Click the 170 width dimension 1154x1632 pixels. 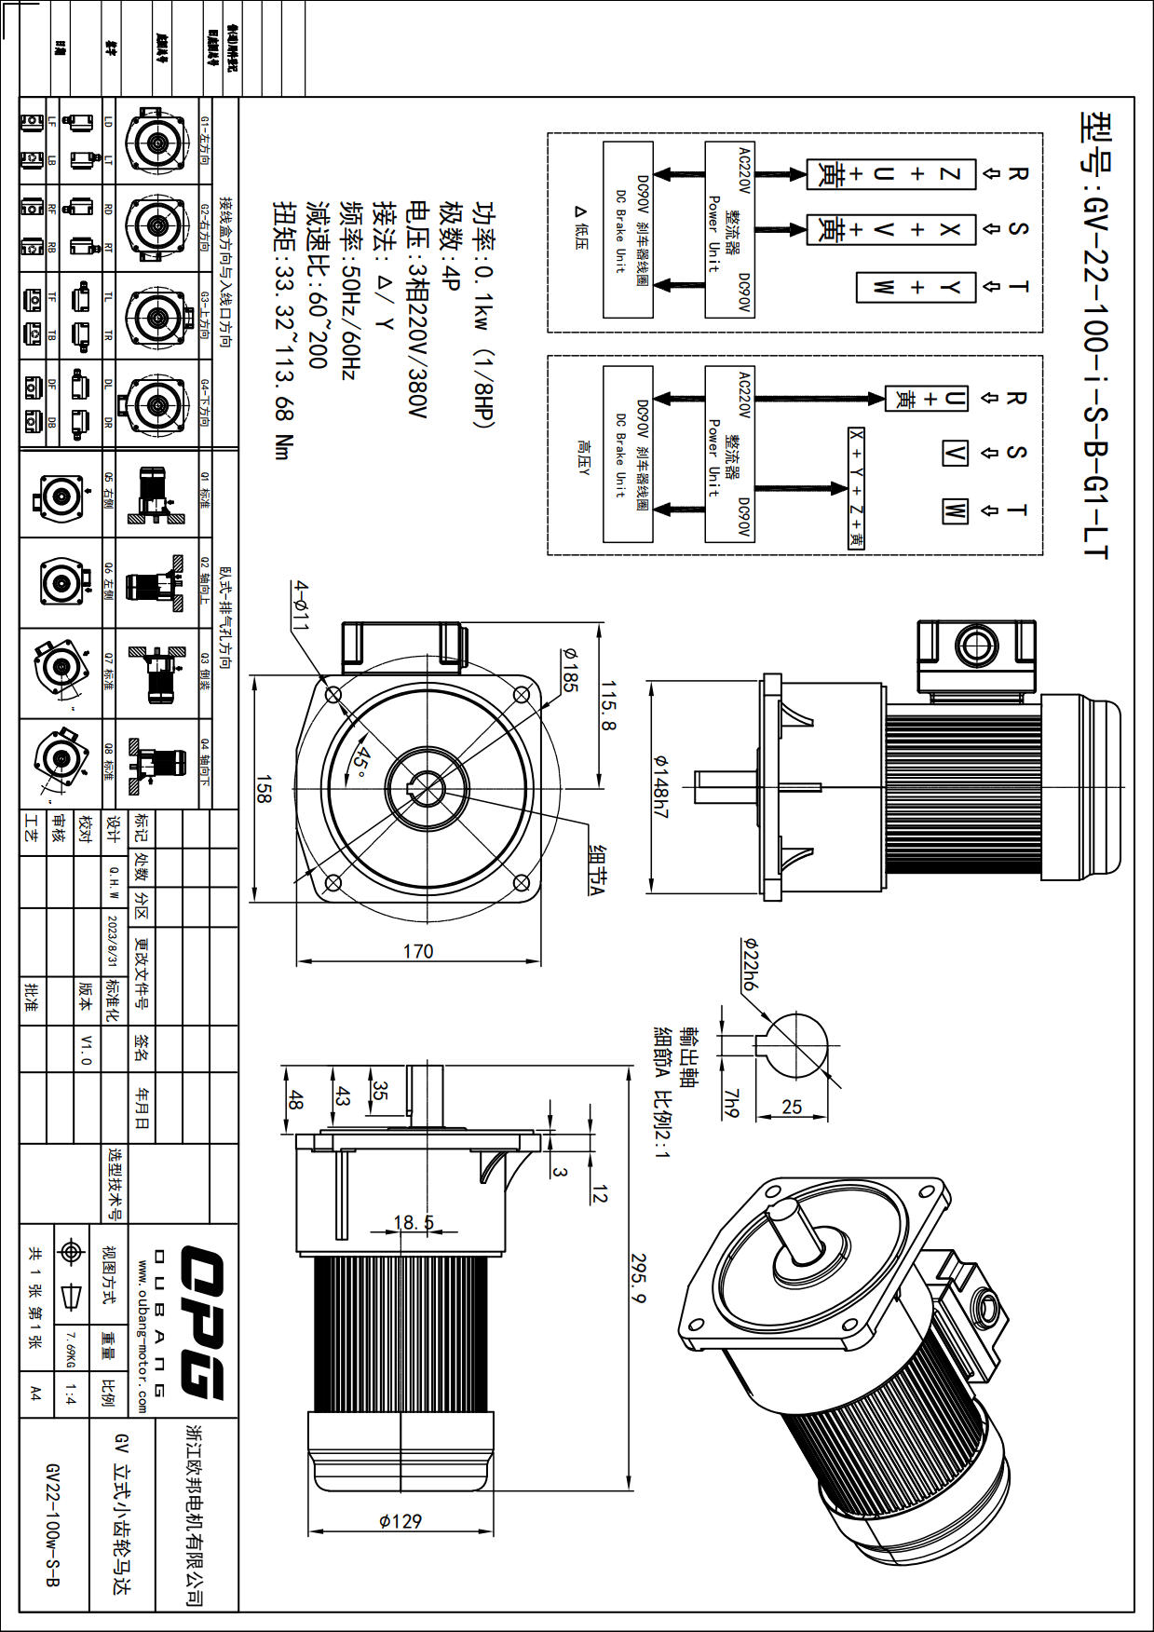(417, 951)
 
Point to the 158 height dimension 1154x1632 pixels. (264, 789)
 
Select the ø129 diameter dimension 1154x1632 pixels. (401, 1521)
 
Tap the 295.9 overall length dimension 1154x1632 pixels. (638, 1278)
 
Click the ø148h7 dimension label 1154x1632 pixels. (660, 787)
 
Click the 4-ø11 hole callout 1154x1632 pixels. (300, 605)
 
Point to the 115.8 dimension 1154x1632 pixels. (607, 705)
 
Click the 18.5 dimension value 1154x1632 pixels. (414, 1222)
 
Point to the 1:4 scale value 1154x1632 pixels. (71, 1394)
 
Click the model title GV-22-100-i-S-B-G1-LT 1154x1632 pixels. (1095, 335)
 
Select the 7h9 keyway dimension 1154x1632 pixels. (731, 1103)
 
